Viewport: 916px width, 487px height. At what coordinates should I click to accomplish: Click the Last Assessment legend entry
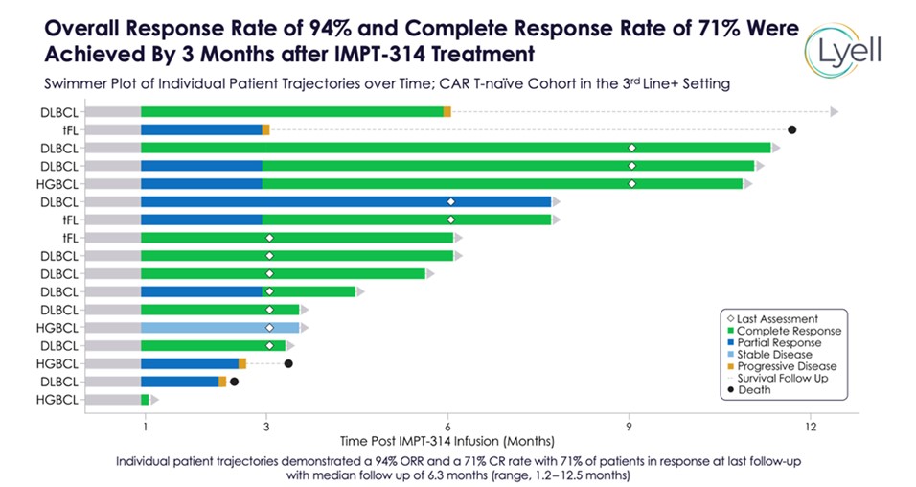coord(778,319)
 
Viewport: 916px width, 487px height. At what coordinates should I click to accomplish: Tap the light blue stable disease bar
coord(220,327)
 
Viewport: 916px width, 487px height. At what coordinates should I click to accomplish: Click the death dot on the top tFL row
coord(791,129)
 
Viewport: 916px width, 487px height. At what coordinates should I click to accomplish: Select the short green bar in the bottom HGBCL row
coord(145,400)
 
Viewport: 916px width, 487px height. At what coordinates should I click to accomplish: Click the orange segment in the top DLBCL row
coord(447,111)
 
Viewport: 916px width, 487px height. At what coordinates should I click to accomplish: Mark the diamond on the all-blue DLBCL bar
coord(450,201)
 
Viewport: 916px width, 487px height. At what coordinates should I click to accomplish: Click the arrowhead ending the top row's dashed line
coord(834,111)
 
